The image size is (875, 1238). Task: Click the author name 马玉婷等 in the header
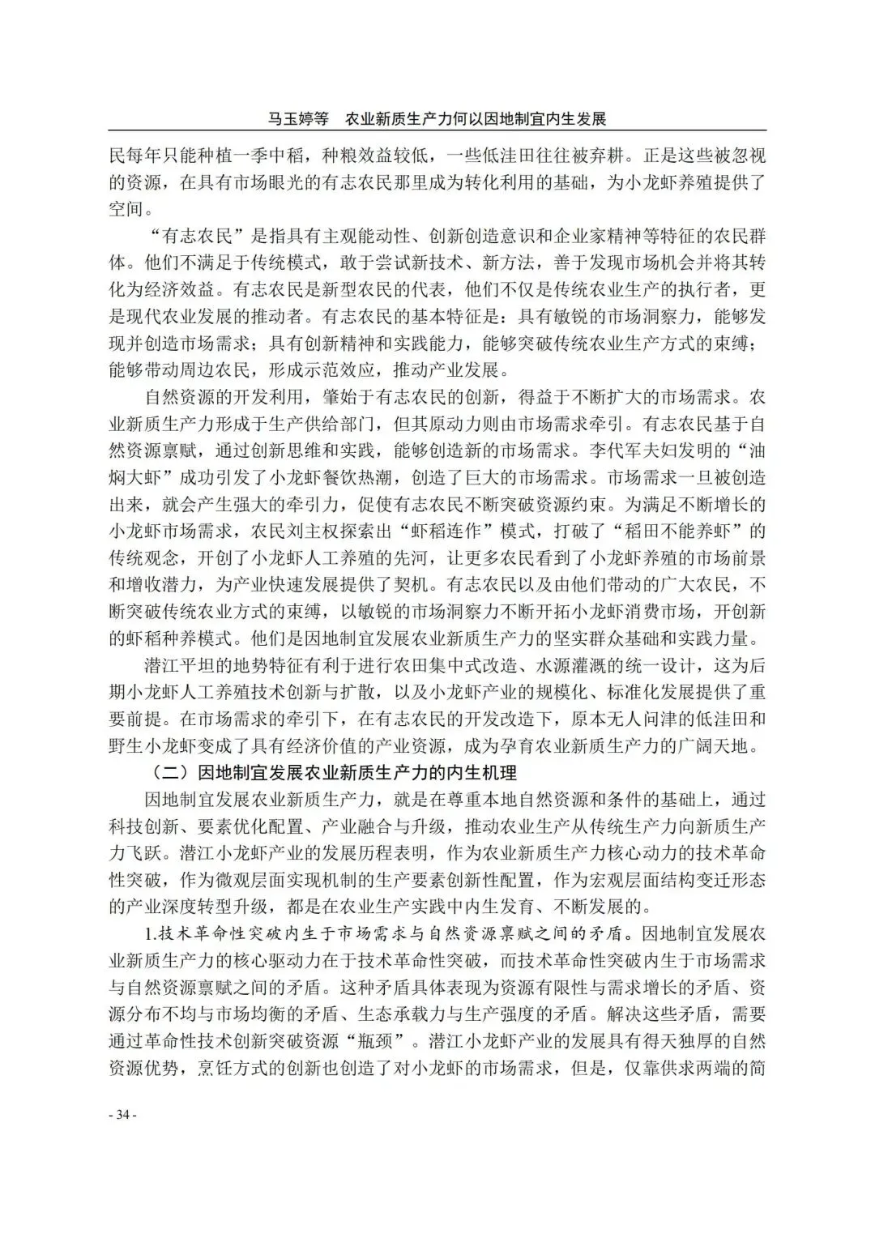[x=297, y=119]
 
